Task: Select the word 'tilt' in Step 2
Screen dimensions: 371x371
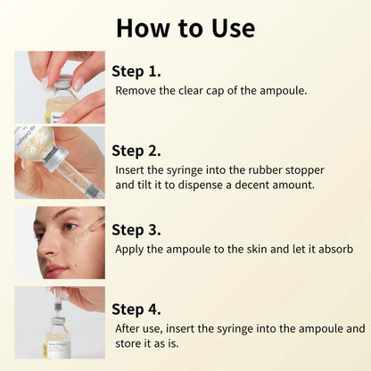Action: [x=145, y=185]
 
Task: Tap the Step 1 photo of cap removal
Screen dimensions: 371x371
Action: [x=59, y=87]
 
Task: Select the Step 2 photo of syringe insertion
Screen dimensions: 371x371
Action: [x=59, y=162]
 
